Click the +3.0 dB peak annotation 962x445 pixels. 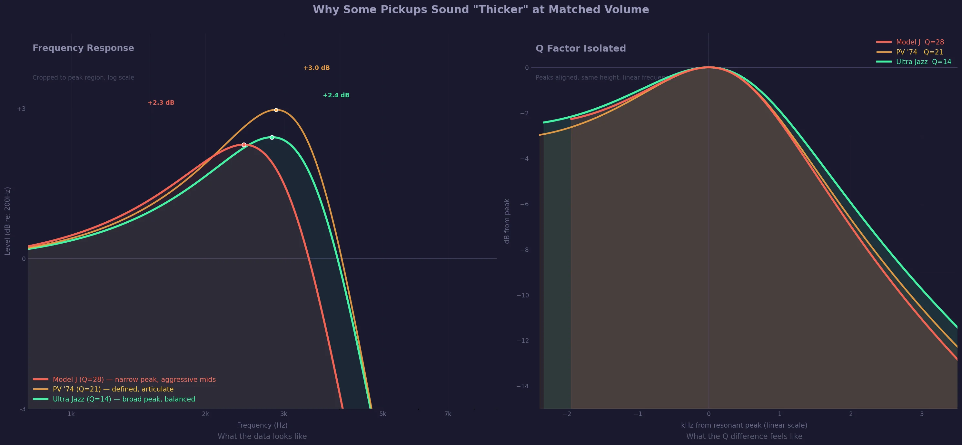[316, 68]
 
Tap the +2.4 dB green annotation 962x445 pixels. [336, 95]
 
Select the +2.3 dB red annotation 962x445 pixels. [161, 102]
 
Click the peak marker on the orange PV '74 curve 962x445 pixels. [276, 110]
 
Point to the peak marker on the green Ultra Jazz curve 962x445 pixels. [272, 137]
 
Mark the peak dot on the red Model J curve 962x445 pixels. [244, 145]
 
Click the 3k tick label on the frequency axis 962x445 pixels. [283, 414]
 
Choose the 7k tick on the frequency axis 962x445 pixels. [448, 414]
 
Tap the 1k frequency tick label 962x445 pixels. [71, 414]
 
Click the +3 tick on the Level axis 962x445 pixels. [21, 109]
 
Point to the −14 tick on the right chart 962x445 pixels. [522, 386]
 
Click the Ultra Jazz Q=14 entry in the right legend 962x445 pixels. [924, 62]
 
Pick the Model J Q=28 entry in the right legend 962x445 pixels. [920, 42]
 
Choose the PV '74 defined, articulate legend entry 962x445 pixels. [113, 389]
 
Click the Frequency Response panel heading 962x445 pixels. [83, 48]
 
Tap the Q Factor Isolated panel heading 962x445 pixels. [581, 48]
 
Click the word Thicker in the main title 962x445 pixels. [501, 9]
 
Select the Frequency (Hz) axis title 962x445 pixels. [262, 425]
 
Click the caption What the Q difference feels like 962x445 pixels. [744, 436]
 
